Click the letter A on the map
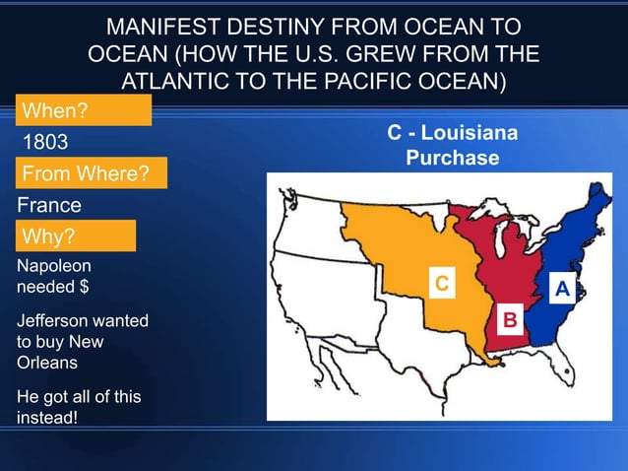pyautogui.click(x=562, y=289)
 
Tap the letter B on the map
pyautogui.click(x=510, y=320)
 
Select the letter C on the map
pyautogui.click(x=443, y=284)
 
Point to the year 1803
pyautogui.click(x=45, y=143)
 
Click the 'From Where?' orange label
pyautogui.click(x=86, y=175)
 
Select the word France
pyautogui.click(x=49, y=206)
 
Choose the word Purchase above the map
pyautogui.click(x=453, y=158)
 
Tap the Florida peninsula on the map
pyautogui.click(x=558, y=374)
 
